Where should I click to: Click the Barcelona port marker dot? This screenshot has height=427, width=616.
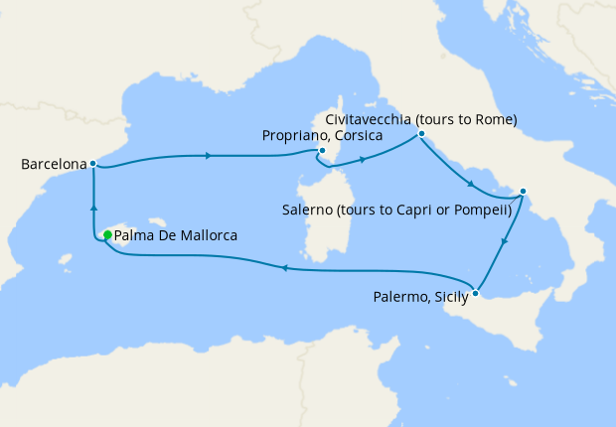92,163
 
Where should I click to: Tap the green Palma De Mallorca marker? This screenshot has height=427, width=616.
107,235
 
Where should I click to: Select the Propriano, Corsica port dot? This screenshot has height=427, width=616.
322,151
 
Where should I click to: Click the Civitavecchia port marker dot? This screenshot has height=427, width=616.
421,133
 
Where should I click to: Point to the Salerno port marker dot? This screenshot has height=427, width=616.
524,192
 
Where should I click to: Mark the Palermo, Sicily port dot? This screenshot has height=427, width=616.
477,293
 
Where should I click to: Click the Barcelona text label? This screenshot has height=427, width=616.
53,163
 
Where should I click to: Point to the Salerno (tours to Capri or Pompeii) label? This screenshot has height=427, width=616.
396,211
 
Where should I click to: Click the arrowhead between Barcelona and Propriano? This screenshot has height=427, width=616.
208,156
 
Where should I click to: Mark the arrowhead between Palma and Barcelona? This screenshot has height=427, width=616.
92,207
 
